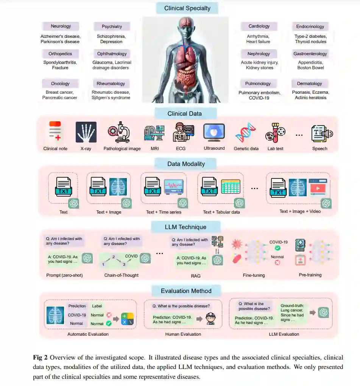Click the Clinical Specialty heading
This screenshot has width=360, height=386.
coord(187,8)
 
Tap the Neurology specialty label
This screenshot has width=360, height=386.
coord(61,26)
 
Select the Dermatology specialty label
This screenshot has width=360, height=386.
coord(310,84)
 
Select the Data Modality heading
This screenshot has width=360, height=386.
coord(186,164)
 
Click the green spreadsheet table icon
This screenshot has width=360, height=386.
coord(231,187)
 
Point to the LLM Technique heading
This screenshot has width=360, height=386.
coord(185,227)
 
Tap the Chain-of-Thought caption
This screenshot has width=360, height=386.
coord(122,275)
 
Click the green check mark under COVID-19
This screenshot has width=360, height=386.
coord(277,248)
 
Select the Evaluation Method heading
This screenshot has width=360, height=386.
coord(186,291)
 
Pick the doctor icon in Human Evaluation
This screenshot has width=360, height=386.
coord(210,318)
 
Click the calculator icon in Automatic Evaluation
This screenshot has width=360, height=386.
coord(127,318)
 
